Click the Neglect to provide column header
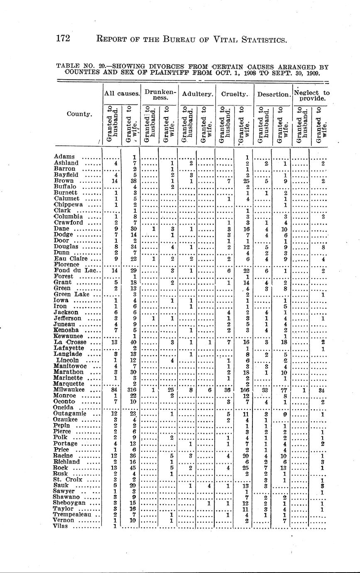(x=311, y=96)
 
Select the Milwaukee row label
(x=69, y=390)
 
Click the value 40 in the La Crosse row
(x=133, y=342)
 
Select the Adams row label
(x=64, y=157)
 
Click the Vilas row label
(x=62, y=526)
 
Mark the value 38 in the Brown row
(x=133, y=181)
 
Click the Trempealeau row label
(x=73, y=515)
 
